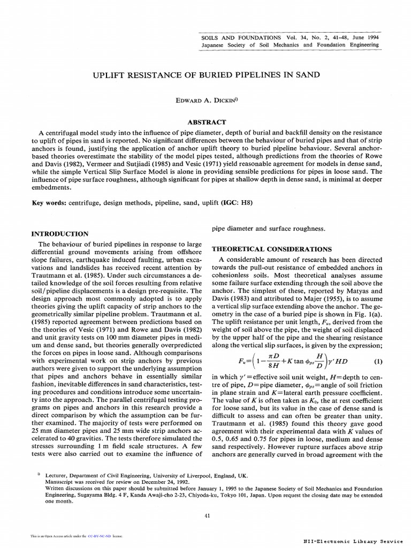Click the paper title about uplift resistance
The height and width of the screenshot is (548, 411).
pyautogui.click(x=206, y=75)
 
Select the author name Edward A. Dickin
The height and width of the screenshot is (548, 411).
pyautogui.click(x=205, y=100)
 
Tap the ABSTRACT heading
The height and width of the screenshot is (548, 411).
pyautogui.click(x=206, y=122)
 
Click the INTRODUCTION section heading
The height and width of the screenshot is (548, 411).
pyautogui.click(x=60, y=234)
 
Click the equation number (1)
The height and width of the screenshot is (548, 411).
pyautogui.click(x=378, y=361)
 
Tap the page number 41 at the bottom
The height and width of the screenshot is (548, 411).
pyautogui.click(x=207, y=515)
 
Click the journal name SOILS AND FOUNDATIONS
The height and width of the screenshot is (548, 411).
pyautogui.click(x=241, y=37)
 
